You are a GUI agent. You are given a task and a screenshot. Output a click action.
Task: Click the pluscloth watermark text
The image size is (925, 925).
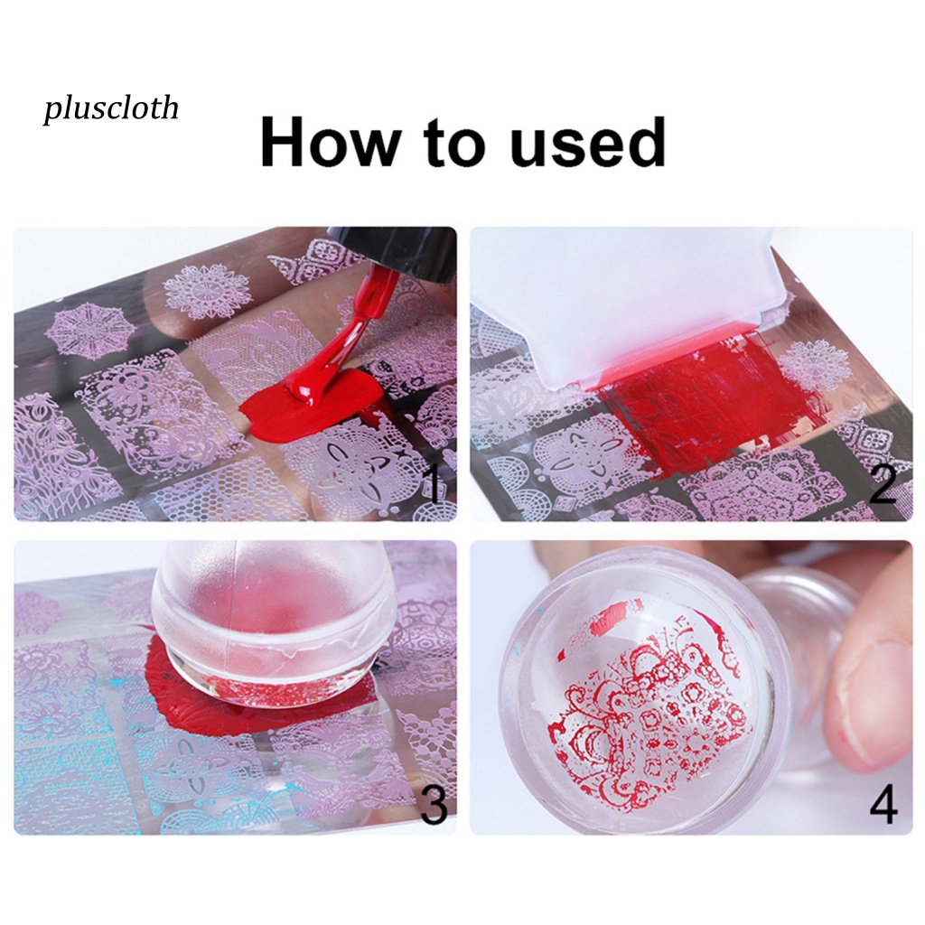coord(110,108)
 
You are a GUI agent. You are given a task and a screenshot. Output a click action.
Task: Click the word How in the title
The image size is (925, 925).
coord(331,143)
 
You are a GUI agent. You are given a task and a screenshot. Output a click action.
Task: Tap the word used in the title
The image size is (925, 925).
coord(587,143)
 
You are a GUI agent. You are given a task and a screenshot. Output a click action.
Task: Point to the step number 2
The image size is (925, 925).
coord(882,485)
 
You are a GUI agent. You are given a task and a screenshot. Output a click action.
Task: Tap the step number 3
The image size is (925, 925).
coord(433,804)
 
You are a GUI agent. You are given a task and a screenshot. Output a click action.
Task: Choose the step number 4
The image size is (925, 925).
coord(883,804)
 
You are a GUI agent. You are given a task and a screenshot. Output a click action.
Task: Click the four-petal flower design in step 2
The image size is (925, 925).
coord(578,456)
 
